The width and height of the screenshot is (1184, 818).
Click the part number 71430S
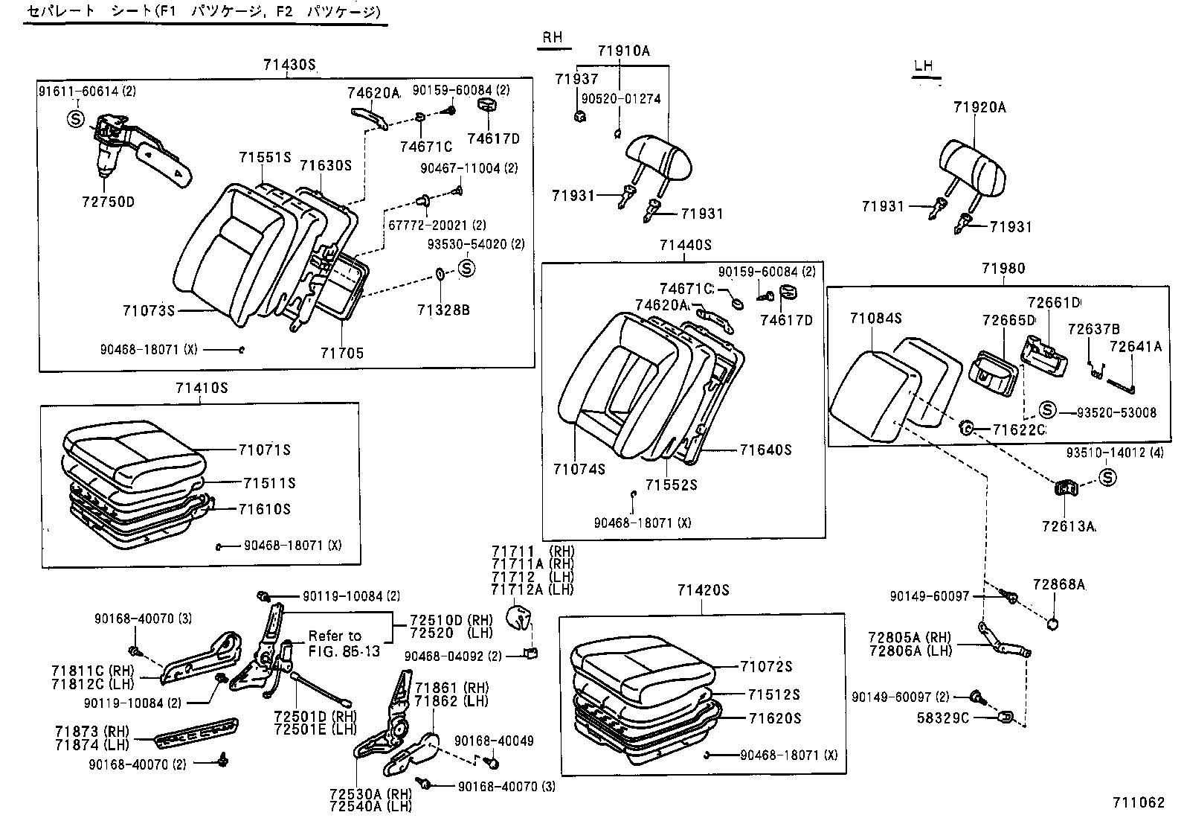[289, 65]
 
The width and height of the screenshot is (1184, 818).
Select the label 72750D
[108, 202]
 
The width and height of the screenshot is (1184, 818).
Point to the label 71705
[342, 353]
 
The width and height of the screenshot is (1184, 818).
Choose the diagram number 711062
[1138, 802]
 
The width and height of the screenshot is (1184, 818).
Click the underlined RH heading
[552, 38]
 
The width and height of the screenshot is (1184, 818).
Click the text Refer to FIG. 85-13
[344, 643]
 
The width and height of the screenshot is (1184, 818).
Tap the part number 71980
[1003, 269]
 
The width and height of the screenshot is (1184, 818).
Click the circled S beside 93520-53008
[1047, 409]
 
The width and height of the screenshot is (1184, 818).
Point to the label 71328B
[443, 310]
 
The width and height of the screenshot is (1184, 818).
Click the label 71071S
[264, 450]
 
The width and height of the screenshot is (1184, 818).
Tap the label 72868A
[1058, 584]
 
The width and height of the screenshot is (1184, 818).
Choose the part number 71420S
[703, 590]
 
